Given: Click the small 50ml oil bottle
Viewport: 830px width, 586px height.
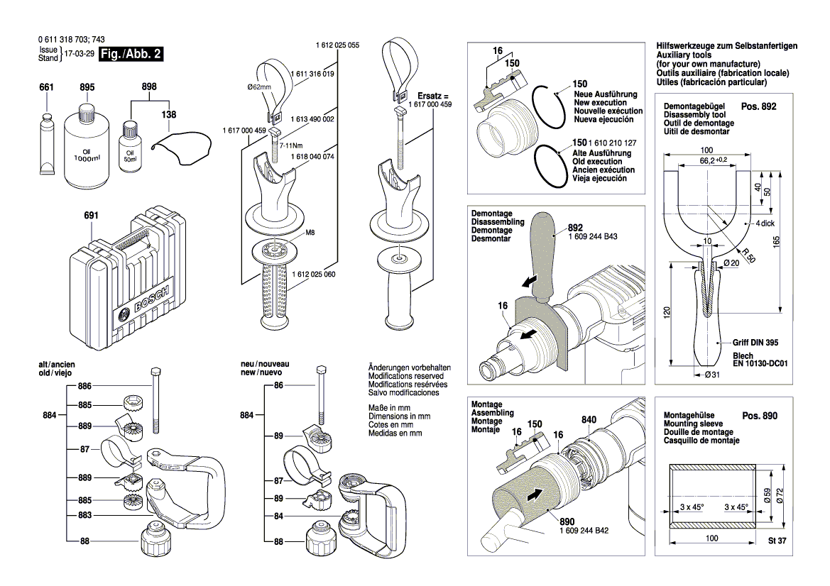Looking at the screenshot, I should point(130,146).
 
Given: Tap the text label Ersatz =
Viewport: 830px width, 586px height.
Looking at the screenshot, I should point(433,95).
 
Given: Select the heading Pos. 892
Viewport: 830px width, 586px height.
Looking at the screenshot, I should point(759,107).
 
